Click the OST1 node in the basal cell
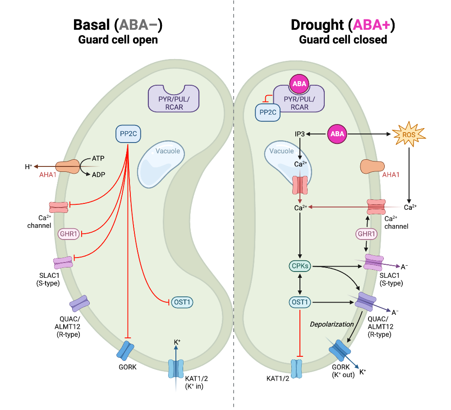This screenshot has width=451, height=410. [x=182, y=302]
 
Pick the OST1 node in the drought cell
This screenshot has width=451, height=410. [x=299, y=302]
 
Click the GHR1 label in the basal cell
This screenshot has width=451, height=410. [x=69, y=234]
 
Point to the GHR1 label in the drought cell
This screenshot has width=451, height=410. [x=366, y=234]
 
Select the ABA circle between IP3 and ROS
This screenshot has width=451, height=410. [x=338, y=134]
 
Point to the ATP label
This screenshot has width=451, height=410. [x=97, y=158]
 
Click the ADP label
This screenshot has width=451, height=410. [x=97, y=175]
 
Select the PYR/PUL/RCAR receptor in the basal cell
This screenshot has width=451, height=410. [x=174, y=99]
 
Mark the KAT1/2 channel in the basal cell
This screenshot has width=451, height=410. [x=176, y=369]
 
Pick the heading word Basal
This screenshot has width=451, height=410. [x=93, y=25]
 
